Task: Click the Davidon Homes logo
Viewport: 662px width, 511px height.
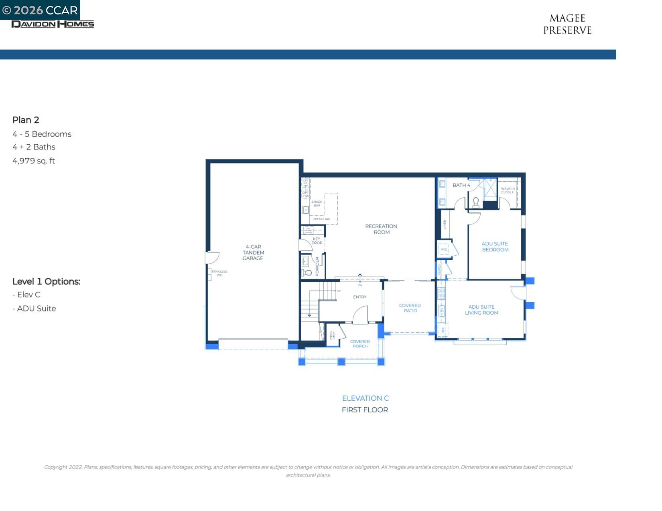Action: point(53,24)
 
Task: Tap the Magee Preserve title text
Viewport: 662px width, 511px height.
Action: point(567,24)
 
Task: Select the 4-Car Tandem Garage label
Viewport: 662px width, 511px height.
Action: point(253,252)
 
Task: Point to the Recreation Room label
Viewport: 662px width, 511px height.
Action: point(381,229)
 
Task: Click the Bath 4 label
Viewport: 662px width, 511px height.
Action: point(461,185)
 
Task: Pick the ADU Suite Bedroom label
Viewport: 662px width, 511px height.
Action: point(495,246)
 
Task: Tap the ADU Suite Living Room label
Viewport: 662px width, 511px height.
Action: point(481,310)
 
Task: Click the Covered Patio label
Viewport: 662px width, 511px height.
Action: point(410,308)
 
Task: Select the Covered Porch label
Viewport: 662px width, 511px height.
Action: point(360,344)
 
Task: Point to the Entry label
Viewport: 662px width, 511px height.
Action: point(360,297)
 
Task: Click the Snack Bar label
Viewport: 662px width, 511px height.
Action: point(317,204)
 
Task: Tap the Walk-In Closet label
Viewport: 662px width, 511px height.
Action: point(508,190)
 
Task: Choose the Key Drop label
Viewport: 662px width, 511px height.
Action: point(317,241)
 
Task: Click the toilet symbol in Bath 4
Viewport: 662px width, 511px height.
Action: point(476,202)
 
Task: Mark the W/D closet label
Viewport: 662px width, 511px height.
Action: point(444,249)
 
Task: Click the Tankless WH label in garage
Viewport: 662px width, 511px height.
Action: point(219,273)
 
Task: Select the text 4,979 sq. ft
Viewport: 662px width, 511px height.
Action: point(34,161)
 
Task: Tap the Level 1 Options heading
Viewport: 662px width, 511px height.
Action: point(46,281)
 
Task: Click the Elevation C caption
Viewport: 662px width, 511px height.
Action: point(365,398)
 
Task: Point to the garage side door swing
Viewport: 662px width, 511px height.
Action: point(213,257)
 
